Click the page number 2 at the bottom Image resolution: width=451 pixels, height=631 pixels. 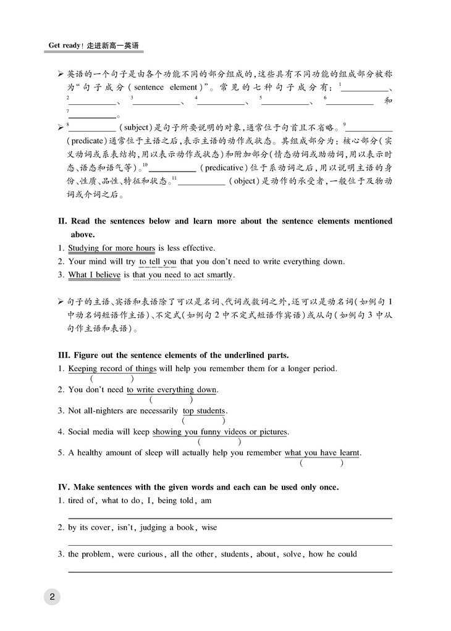(52, 596)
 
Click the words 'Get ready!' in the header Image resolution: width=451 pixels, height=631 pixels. (67, 46)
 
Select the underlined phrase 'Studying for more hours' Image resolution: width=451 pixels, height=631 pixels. (111, 248)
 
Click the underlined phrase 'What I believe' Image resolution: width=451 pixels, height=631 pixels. (94, 275)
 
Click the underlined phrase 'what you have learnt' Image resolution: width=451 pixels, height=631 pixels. (321, 453)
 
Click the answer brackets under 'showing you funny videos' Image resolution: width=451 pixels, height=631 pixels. (219, 442)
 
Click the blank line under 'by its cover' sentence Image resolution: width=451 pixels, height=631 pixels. (229, 545)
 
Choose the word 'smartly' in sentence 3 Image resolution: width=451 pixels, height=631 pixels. (219, 275)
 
